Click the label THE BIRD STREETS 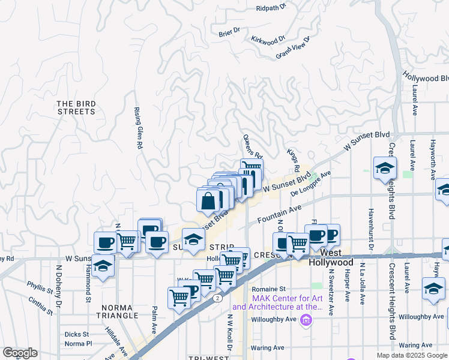coord(76,107)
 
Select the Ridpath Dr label coord(272,8)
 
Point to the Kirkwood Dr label coord(268,41)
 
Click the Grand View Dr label coord(292,48)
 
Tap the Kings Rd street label coord(292,158)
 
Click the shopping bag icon coord(208,202)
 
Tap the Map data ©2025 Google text coord(411,355)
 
